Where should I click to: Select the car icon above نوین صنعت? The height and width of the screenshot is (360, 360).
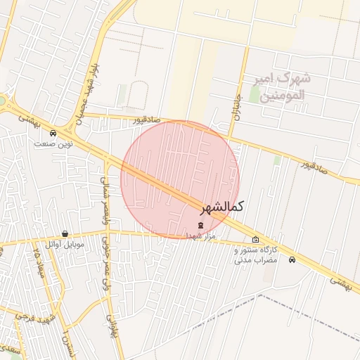point(53,133)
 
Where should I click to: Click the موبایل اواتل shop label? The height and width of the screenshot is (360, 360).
point(65,244)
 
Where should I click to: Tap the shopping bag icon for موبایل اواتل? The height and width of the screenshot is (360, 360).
point(65,234)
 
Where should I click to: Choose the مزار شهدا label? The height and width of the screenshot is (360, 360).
point(200,236)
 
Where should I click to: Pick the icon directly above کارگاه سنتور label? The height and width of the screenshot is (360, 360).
point(255,240)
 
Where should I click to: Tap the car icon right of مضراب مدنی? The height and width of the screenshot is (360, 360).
point(292,259)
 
